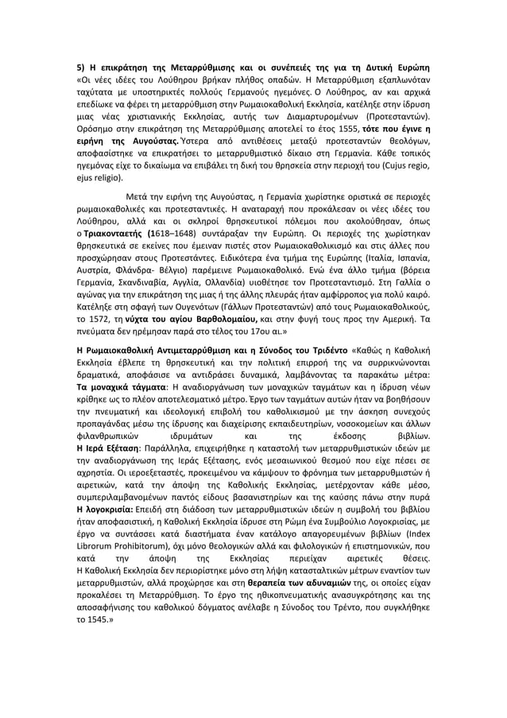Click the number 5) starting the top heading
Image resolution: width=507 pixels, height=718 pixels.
68,66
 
